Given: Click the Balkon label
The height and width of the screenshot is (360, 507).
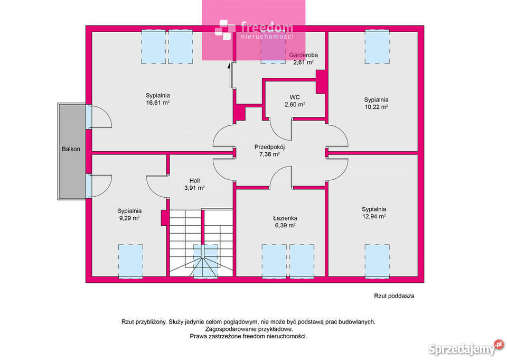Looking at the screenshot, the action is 71,149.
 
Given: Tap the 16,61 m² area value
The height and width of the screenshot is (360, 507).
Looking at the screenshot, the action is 158,103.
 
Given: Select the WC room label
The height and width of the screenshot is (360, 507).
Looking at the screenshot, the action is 295,97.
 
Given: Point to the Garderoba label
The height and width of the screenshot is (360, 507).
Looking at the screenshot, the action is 303,55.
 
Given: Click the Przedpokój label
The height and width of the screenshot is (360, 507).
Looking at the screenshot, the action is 269,147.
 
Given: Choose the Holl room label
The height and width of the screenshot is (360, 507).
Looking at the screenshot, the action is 194,181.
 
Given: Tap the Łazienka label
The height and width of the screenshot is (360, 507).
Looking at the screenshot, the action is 285,218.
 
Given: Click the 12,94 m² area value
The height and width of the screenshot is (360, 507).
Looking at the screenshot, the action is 374,216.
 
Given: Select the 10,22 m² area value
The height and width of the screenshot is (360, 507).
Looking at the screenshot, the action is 377,107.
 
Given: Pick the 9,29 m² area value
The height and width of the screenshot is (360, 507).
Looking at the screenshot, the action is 129,218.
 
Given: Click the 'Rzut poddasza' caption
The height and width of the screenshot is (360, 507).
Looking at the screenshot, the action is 394,296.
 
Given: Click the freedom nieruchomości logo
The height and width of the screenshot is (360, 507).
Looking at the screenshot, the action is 254,30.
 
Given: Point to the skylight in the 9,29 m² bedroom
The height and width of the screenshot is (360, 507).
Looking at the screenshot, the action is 130,261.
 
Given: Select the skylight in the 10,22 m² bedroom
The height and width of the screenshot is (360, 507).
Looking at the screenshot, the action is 377,47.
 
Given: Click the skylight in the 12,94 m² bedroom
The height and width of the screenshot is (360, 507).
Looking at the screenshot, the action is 377,261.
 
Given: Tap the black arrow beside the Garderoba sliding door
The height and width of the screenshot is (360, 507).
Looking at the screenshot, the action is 229,66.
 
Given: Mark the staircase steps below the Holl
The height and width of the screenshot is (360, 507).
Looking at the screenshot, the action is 201,243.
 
